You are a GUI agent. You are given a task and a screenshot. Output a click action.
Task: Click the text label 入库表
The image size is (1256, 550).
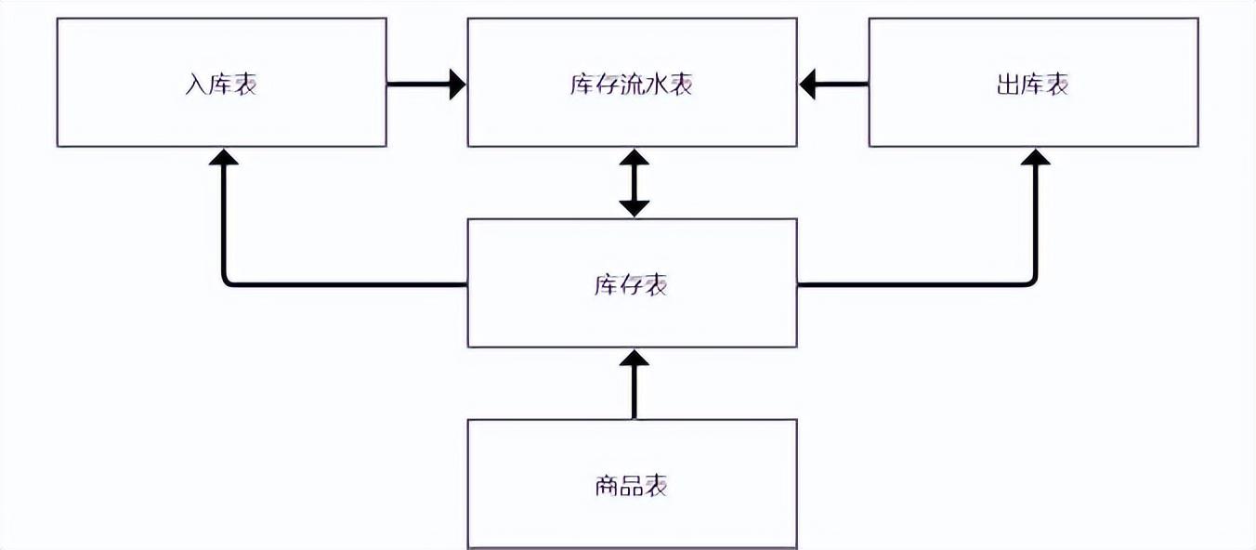coord(221,84)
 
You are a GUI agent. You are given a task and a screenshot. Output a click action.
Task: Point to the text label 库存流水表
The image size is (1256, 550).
coord(631,84)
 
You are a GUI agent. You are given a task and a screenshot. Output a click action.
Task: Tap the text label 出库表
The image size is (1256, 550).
coord(1032,84)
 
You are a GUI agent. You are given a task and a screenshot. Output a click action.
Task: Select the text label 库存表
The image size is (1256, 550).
coord(631,284)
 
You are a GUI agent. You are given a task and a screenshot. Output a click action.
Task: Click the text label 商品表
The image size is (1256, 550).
coord(631,485)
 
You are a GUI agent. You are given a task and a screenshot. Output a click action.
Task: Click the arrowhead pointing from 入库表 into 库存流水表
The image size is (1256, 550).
coord(455,84)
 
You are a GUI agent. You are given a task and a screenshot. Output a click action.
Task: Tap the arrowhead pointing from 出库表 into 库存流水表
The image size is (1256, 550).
coord(809,84)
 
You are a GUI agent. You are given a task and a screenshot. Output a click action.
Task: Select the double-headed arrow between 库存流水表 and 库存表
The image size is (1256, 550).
coord(634,183)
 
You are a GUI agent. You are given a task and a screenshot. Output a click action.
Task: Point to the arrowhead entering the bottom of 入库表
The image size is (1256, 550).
coord(224,158)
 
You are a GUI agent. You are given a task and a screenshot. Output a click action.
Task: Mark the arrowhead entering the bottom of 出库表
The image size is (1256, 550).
coord(1035,158)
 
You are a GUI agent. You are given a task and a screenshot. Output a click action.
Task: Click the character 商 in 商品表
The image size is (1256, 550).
coord(607,485)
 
